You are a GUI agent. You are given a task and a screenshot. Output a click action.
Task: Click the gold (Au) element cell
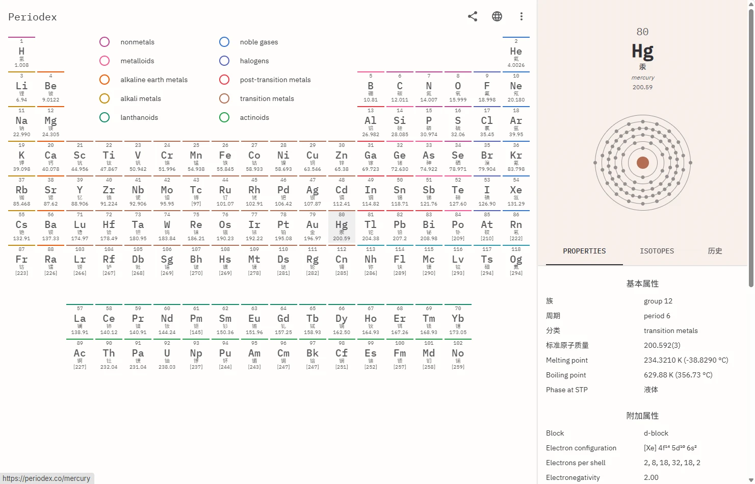click(x=313, y=226)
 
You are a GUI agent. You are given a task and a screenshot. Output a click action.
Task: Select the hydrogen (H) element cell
click(x=21, y=53)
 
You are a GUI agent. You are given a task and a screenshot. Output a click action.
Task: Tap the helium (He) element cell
click(x=516, y=53)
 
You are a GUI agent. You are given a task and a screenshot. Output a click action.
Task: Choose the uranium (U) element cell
click(x=167, y=355)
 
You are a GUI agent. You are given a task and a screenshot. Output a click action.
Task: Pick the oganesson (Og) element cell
click(x=516, y=261)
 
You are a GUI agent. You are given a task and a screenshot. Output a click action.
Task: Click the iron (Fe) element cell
click(x=225, y=157)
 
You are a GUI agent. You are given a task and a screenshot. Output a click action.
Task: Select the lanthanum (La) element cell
click(x=80, y=320)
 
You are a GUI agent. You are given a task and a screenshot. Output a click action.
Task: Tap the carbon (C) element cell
click(x=400, y=88)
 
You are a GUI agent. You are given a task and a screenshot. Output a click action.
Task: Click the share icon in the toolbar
click(x=473, y=16)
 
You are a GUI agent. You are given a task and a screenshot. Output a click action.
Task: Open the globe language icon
click(x=497, y=16)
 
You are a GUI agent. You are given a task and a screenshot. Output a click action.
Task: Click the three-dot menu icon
click(x=521, y=16)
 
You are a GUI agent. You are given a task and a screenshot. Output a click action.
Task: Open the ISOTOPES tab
click(x=657, y=251)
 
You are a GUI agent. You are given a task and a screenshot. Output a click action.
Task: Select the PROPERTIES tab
click(x=584, y=251)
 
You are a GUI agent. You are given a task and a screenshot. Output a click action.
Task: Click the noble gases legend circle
click(x=224, y=42)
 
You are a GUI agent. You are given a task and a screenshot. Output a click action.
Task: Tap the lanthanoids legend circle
click(x=105, y=117)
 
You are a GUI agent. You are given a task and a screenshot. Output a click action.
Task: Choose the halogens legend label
click(x=254, y=61)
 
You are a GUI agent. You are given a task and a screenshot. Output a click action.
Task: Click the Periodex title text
click(x=33, y=17)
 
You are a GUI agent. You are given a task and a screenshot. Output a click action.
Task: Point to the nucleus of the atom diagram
click(x=643, y=163)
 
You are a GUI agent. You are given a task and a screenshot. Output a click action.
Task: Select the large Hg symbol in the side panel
click(x=642, y=52)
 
